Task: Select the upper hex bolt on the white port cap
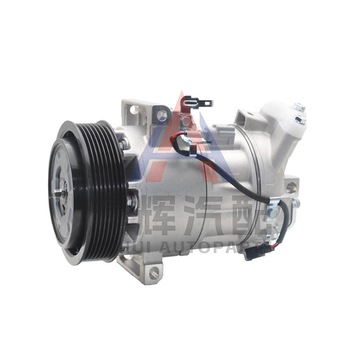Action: coord(299,108)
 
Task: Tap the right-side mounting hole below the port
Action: coord(291,184)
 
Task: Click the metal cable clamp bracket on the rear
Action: coord(273,211)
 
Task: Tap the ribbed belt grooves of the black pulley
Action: coord(101,193)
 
